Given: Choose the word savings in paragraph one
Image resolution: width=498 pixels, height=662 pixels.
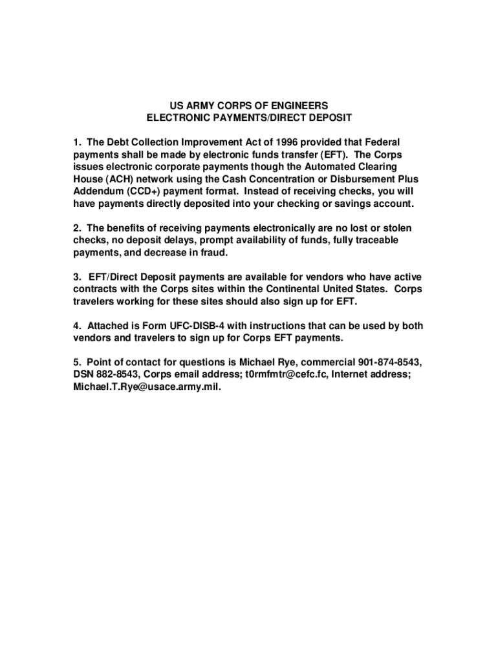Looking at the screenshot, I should point(345,204).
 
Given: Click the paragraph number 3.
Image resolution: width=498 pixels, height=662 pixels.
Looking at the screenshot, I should point(76,277).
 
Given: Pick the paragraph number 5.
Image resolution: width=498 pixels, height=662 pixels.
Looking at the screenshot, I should point(76,362).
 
